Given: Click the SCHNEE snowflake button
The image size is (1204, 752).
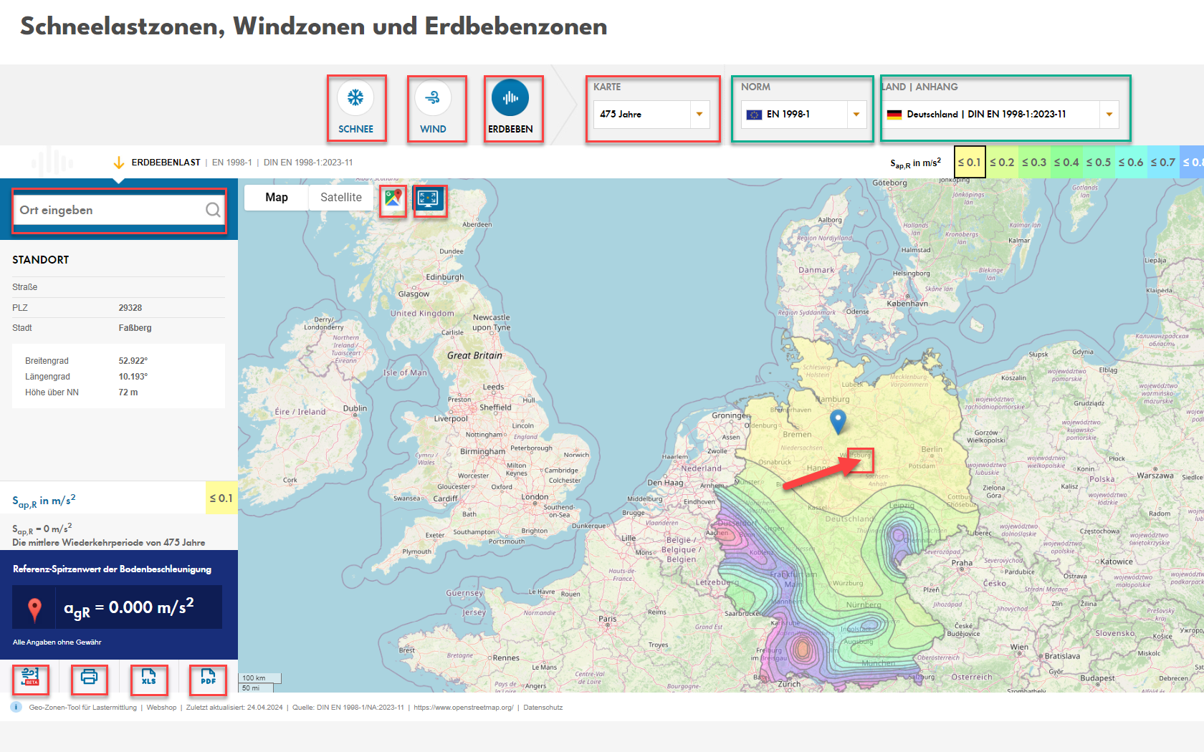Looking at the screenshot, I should (x=356, y=98).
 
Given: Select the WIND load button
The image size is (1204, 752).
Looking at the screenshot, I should (x=433, y=98).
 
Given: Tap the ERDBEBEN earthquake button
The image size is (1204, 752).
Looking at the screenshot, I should (x=510, y=98).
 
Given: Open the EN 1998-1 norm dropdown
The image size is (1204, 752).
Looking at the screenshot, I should (x=803, y=114).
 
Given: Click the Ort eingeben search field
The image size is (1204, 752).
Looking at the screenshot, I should (x=111, y=210).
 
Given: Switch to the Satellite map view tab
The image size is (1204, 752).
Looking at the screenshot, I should (x=341, y=198).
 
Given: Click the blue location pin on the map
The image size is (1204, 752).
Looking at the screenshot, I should (x=837, y=420).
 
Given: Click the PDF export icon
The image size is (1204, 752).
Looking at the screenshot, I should (x=208, y=678).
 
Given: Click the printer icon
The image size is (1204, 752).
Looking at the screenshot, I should (x=89, y=678).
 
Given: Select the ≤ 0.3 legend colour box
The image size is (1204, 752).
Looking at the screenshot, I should (x=1034, y=163).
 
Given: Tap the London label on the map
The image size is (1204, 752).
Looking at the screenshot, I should (x=535, y=496).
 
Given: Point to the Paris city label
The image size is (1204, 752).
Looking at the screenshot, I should (x=608, y=619).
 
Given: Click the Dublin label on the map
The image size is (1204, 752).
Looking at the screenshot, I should (x=355, y=408).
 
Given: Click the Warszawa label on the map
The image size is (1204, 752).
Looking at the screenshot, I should (x=1155, y=475).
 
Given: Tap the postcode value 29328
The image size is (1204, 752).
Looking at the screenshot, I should (x=130, y=308).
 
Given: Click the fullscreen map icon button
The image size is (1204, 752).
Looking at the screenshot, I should (x=429, y=198).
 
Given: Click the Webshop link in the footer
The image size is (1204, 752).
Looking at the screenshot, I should (x=161, y=708).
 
